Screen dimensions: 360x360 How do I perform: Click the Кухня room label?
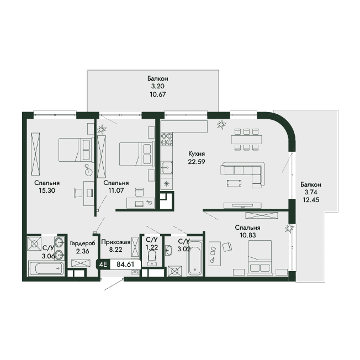tap(197, 153)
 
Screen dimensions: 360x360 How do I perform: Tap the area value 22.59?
tap(197, 162)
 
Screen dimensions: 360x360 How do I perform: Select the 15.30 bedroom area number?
tap(47, 190)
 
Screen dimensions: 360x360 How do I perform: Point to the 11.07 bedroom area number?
tap(116, 190)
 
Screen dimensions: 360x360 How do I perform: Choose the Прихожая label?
tap(116, 242)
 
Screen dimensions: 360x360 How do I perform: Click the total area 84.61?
tap(125, 264)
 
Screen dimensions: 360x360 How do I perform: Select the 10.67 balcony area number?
tap(157, 94)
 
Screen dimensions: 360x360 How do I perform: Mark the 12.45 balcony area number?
tap(311, 200)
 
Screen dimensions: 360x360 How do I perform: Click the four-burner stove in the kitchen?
tap(167, 139)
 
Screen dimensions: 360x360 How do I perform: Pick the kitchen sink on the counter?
tap(166, 167)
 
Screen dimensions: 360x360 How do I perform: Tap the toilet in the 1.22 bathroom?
tap(152, 258)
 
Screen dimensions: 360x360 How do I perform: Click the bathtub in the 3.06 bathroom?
tap(46, 268)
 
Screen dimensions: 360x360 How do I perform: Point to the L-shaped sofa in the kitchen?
tap(243, 173)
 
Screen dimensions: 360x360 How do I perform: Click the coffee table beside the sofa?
tap(234, 183)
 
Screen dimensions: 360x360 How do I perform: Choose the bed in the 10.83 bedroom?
tap(260, 257)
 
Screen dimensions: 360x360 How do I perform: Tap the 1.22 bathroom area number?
tap(152, 247)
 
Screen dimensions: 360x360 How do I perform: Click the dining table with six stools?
tap(247, 139)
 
